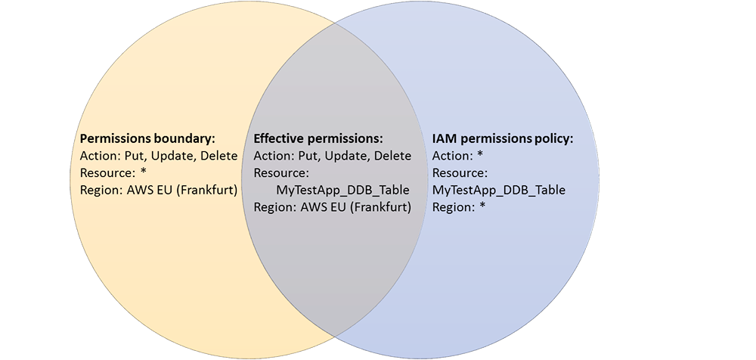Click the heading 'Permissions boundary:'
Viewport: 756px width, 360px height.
[x=147, y=139]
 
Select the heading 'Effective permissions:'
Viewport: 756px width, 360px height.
[x=318, y=139]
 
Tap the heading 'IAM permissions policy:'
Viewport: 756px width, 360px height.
[x=503, y=139]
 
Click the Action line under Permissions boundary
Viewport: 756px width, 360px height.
[x=159, y=156]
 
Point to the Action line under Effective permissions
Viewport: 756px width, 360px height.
[x=332, y=156]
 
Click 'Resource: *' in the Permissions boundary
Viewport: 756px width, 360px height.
[x=113, y=172]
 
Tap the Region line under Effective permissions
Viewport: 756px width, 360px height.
[x=332, y=206]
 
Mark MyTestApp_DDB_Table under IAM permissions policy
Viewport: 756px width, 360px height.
[x=498, y=190]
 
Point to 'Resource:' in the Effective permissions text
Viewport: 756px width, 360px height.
[x=281, y=172]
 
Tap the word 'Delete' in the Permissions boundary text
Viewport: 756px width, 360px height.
[x=218, y=156]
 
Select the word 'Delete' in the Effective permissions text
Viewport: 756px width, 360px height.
[x=392, y=156]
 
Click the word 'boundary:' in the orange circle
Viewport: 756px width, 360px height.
[x=188, y=139]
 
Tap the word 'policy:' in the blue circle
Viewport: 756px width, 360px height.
[x=553, y=139]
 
